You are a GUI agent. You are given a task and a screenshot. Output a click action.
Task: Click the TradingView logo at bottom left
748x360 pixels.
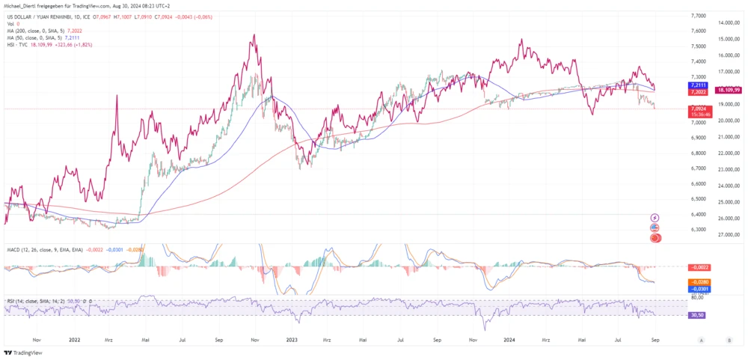pyautogui.click(x=23, y=353)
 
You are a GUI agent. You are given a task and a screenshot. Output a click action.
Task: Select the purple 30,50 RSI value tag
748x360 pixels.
pyautogui.click(x=697, y=315)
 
